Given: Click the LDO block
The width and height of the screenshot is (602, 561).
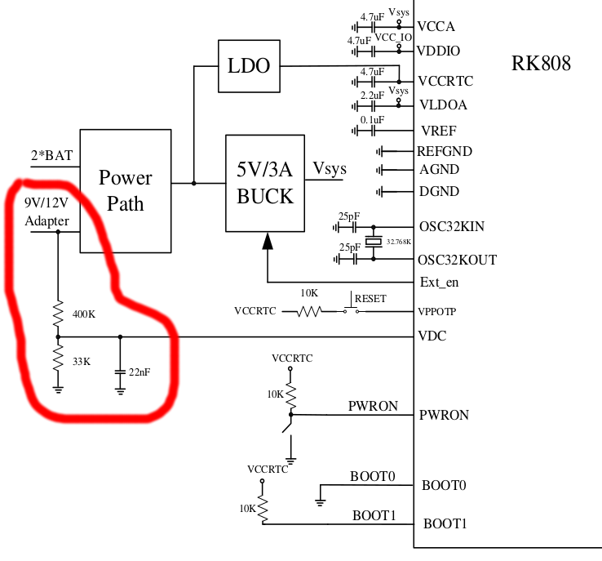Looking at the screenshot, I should [250, 65].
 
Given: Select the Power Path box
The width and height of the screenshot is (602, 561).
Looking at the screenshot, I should [126, 189].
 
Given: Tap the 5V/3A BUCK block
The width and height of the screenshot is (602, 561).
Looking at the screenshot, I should [265, 185].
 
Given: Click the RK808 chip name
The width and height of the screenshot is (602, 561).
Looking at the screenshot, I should [542, 63].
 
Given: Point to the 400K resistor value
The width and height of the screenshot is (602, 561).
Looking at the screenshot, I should [84, 314].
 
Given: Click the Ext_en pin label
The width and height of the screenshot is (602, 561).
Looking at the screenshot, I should [439, 283].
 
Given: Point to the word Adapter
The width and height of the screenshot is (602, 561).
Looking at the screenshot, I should [46, 221].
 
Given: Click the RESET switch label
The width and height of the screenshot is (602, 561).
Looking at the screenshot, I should [370, 298].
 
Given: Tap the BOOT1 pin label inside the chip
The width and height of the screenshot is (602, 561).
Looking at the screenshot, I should [444, 523].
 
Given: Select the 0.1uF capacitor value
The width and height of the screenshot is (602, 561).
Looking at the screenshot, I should [371, 120].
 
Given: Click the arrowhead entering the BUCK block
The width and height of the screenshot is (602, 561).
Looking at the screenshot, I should [267, 240].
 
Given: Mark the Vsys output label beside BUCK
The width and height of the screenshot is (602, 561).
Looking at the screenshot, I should [330, 169].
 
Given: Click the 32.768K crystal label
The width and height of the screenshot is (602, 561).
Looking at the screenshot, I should [400, 243].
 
